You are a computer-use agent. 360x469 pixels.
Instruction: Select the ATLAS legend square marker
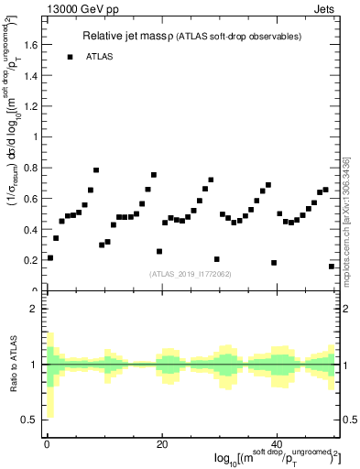click(70, 57)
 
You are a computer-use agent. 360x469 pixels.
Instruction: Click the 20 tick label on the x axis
click(161, 444)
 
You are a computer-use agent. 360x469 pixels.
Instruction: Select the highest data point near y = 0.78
click(96, 170)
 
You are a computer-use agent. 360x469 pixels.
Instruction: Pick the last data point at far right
click(332, 266)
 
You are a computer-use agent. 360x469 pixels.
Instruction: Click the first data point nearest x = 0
click(50, 257)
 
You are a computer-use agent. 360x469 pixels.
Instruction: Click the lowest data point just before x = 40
click(274, 263)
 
